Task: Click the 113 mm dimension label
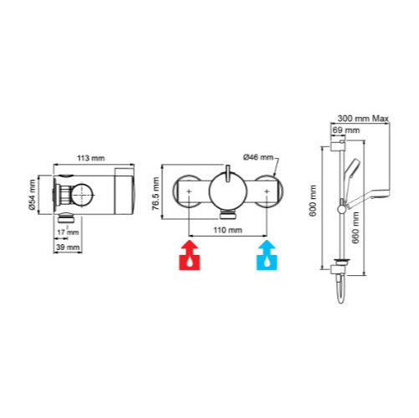pyautogui.click(x=91, y=158)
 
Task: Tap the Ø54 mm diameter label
pyautogui.click(x=32, y=195)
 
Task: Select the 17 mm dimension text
pyautogui.click(x=68, y=232)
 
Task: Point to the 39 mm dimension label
pyautogui.click(x=68, y=247)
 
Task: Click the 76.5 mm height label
pyautogui.click(x=156, y=193)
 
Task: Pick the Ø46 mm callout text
pyautogui.click(x=258, y=157)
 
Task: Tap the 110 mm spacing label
pyautogui.click(x=227, y=230)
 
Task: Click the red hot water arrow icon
pyautogui.click(x=189, y=255)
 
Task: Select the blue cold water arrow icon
pyautogui.click(x=267, y=255)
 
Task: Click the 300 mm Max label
pyautogui.click(x=363, y=119)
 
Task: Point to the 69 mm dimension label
pyautogui.click(x=346, y=130)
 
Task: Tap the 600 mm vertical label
pyautogui.click(x=313, y=201)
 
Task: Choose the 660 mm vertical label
pyautogui.click(x=355, y=227)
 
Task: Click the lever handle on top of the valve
pyautogui.click(x=227, y=173)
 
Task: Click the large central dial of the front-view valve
pyautogui.click(x=227, y=191)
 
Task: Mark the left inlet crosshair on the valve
pyautogui.click(x=189, y=191)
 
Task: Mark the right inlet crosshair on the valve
pyautogui.click(x=267, y=191)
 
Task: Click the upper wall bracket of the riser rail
pyautogui.click(x=338, y=145)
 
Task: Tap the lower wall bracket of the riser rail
pyautogui.click(x=338, y=269)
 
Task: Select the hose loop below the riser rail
pyautogui.click(x=341, y=290)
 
